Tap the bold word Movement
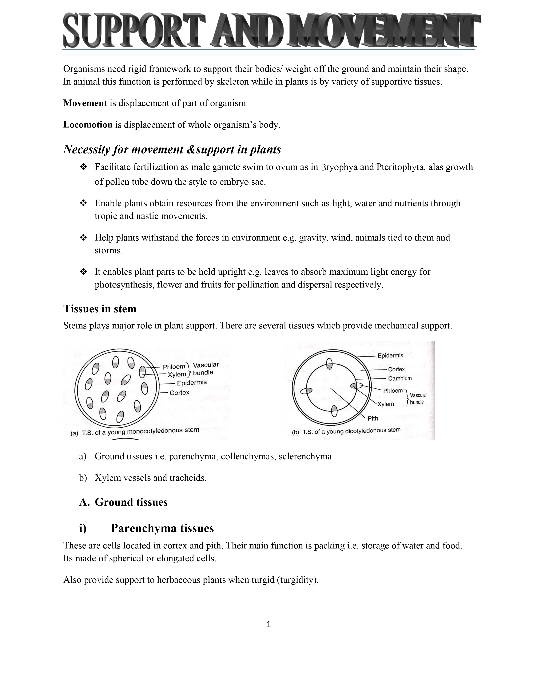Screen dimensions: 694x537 tap(85, 103)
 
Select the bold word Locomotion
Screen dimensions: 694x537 tap(88, 125)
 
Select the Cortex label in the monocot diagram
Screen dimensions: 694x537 tap(179, 393)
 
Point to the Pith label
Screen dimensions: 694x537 tap(373, 419)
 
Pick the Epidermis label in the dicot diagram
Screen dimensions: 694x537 tap(390, 356)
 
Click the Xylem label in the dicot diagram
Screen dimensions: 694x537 tap(386, 404)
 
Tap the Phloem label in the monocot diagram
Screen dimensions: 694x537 tap(174, 367)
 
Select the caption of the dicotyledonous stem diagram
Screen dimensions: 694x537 tap(346, 432)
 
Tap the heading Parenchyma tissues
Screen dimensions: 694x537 tap(162, 528)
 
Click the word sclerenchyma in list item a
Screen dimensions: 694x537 tap(305, 457)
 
